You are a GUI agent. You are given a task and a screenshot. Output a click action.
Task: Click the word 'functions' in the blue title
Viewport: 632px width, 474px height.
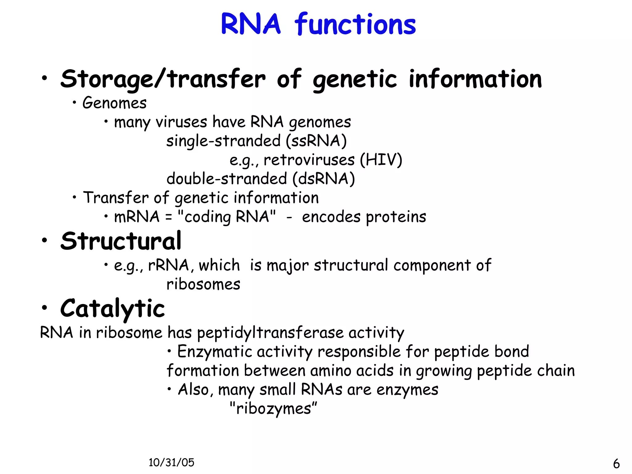(x=355, y=25)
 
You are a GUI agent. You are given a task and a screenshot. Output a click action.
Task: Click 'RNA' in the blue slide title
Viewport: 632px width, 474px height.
(x=251, y=25)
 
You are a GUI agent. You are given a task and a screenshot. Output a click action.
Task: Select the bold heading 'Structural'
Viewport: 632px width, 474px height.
(x=121, y=241)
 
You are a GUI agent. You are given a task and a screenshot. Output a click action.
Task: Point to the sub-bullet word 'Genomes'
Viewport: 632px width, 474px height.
(x=114, y=103)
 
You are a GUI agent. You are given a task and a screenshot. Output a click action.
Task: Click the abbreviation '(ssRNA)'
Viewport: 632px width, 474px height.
(x=316, y=141)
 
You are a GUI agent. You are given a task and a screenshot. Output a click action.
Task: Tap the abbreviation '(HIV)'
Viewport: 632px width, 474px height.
(x=381, y=160)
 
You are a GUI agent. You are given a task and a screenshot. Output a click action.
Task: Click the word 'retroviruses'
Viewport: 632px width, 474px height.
(x=309, y=160)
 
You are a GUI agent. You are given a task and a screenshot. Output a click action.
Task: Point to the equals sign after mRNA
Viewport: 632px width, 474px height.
(x=168, y=217)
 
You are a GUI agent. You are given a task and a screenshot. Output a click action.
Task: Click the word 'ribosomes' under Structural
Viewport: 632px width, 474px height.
(x=203, y=284)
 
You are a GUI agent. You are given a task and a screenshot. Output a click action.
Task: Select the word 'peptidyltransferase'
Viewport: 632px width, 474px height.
(x=270, y=333)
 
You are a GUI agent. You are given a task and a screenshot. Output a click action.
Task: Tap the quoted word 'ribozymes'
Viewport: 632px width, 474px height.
(x=273, y=409)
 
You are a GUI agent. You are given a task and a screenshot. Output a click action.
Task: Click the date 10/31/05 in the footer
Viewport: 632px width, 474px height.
(x=171, y=462)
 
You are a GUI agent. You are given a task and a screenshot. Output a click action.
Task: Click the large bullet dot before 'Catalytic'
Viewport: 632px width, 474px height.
(x=45, y=307)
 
